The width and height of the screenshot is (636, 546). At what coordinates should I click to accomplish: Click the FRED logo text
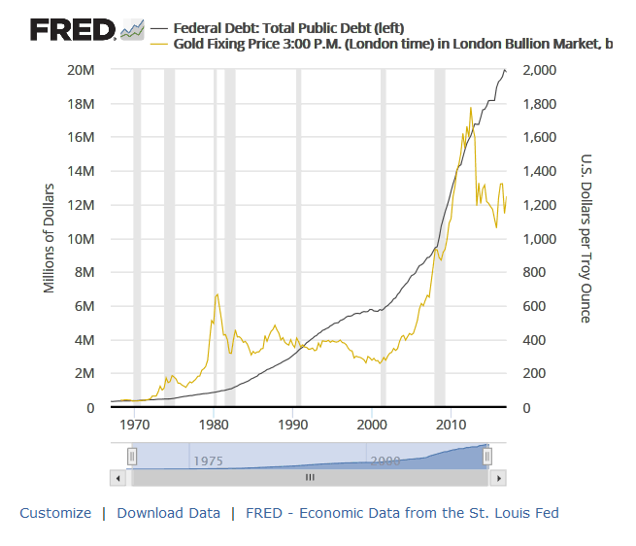pos(73,30)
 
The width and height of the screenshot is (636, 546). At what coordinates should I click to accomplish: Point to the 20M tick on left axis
pos(81,71)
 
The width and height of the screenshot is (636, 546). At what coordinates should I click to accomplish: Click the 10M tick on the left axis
pos(81,240)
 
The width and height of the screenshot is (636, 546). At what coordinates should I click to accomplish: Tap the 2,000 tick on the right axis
pos(539,71)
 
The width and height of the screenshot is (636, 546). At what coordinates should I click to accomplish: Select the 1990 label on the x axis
pos(293,425)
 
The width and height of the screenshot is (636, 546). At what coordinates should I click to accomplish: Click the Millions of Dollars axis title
pos(50,238)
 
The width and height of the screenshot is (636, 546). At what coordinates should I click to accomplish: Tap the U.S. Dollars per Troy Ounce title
pos(586,238)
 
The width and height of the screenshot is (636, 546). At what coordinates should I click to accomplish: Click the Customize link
pos(55,513)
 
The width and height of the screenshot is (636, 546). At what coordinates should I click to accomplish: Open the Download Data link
pos(168,513)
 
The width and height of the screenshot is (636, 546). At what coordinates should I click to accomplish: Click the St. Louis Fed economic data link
pos(402,513)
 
